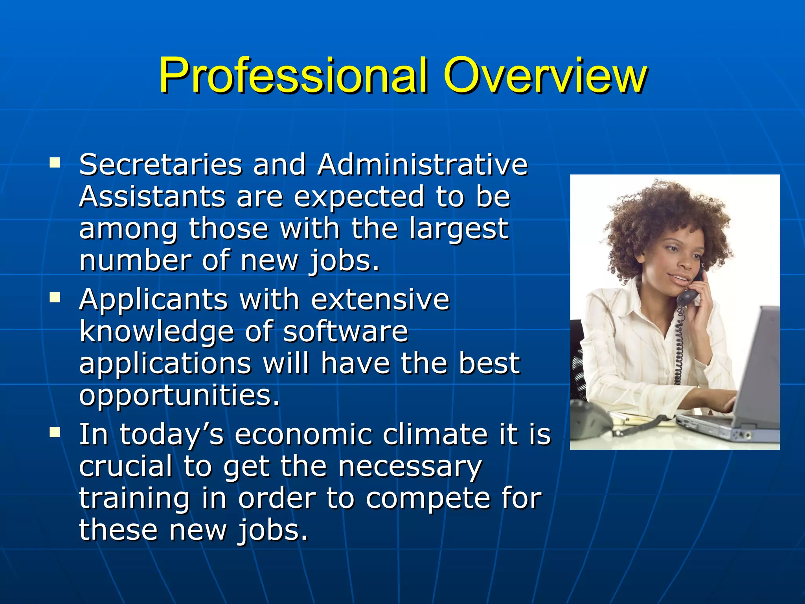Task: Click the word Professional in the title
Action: coord(293,75)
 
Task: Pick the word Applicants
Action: coord(153,300)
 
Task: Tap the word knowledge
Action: coord(156,332)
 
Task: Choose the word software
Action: coord(346,331)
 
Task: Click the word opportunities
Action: coord(179,396)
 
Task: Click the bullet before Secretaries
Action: coord(55,162)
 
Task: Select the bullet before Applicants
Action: coord(55,298)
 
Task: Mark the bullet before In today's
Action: coord(55,433)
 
